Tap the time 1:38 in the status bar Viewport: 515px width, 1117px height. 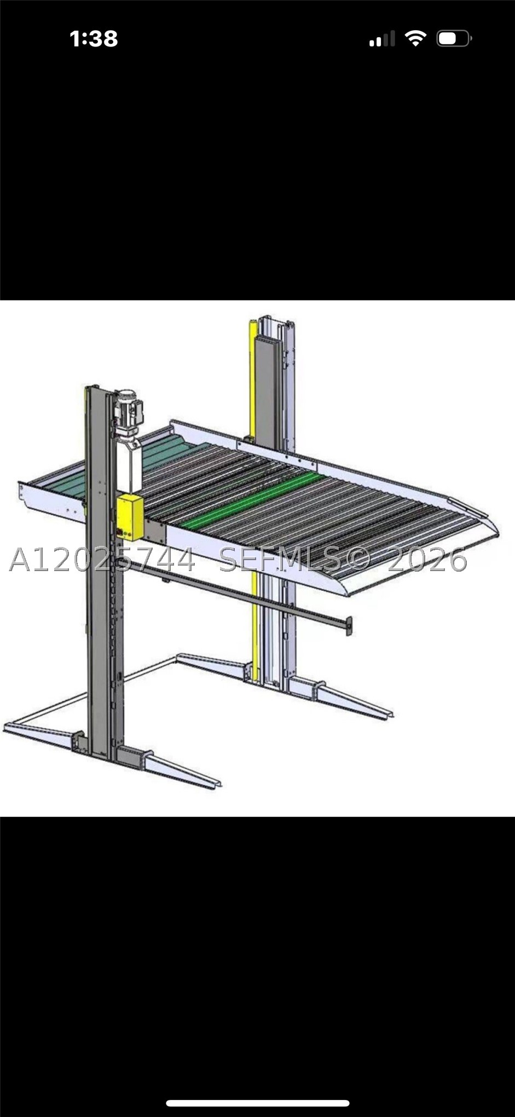coord(94,39)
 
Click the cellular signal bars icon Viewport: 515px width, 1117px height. coord(382,39)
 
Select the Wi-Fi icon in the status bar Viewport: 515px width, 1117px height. coord(415,38)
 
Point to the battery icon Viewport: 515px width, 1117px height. coord(454,39)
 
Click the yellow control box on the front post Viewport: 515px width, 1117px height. coord(130,517)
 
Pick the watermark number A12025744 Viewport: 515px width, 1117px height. coord(102,560)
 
